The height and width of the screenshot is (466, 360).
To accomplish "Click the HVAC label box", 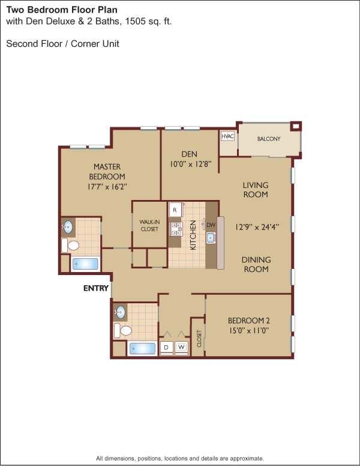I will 227,137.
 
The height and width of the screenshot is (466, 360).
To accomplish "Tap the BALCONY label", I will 269,139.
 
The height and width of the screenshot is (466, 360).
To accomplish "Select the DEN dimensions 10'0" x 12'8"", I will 189,164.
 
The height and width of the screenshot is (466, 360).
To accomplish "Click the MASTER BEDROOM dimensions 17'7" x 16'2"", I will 107,187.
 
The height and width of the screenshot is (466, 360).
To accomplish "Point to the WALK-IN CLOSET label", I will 149,225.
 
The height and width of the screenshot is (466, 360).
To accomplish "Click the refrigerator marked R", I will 175,210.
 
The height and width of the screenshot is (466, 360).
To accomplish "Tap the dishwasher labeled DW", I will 211,225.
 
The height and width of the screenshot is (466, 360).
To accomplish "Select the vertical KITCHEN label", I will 193,235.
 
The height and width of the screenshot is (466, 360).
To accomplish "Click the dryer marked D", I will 166,347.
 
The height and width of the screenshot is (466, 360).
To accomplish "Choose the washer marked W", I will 181,347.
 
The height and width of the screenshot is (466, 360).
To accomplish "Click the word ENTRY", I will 96,288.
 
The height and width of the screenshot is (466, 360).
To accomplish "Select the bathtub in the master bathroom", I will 85,264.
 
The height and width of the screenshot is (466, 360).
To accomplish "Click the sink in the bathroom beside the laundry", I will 121,312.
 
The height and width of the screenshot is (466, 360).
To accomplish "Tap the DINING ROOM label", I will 256,264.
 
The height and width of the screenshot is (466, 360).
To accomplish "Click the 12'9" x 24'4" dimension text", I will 256,227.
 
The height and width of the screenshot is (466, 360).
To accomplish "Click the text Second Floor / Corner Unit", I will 62,44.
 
